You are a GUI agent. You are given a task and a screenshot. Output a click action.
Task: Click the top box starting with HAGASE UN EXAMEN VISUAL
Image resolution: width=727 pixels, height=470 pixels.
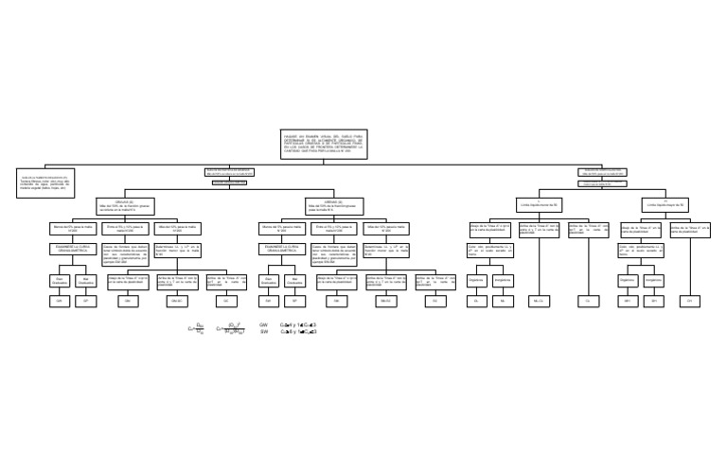pyautogui.click(x=323, y=143)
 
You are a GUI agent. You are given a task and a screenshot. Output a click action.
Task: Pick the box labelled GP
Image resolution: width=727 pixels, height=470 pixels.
pyautogui.click(x=85, y=300)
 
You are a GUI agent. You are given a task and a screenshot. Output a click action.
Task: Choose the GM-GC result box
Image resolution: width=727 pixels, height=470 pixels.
pyautogui.click(x=174, y=300)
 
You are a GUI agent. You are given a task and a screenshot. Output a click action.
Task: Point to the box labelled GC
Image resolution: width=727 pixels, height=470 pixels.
pyautogui.click(x=225, y=300)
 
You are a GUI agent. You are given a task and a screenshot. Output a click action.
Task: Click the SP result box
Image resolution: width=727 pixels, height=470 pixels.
pyautogui.click(x=294, y=300)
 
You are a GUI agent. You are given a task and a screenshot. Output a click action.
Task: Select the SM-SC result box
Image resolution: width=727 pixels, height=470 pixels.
pyautogui.click(x=384, y=300)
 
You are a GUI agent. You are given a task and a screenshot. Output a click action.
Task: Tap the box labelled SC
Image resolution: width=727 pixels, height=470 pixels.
pyautogui.click(x=434, y=300)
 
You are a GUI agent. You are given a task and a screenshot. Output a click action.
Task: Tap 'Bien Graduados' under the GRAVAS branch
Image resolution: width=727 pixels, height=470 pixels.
pyautogui.click(x=59, y=280)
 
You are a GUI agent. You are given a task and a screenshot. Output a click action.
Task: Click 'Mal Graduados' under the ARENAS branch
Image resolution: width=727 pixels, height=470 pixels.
pyautogui.click(x=294, y=280)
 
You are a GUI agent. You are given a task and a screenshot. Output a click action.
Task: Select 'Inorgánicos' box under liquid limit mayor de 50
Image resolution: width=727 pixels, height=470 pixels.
pyautogui.click(x=654, y=280)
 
